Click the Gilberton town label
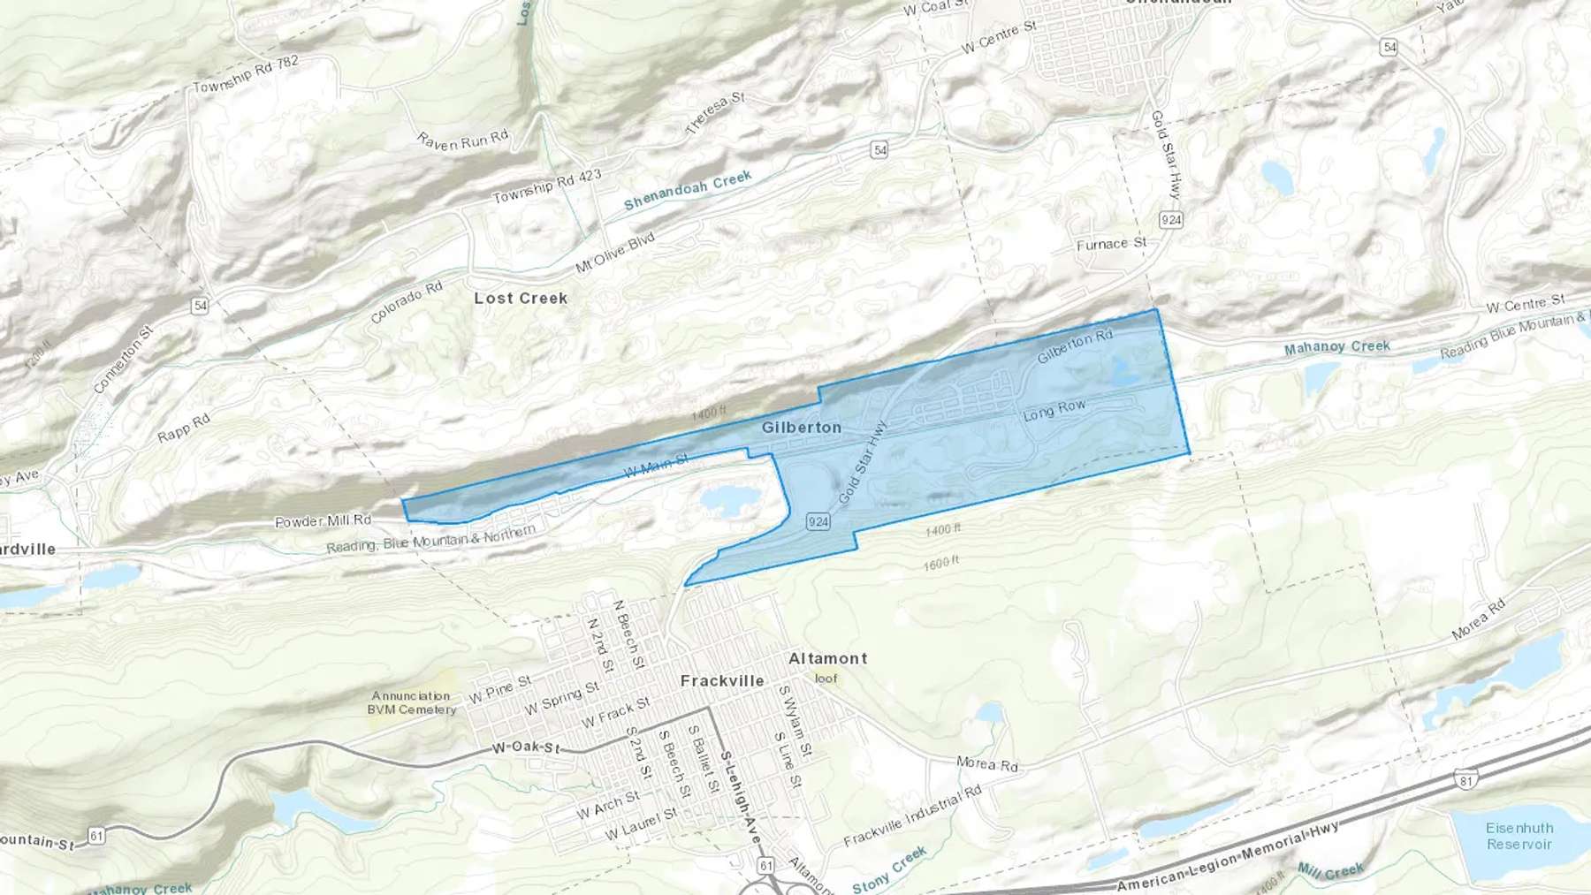click(x=802, y=428)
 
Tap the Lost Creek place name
click(x=521, y=299)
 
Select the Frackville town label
click(x=722, y=681)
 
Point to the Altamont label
click(x=827, y=658)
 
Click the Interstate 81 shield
click(x=1465, y=779)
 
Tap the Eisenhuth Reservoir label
click(x=1519, y=836)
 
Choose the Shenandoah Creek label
click(x=688, y=191)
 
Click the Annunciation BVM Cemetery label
click(x=412, y=702)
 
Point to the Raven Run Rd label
click(x=462, y=140)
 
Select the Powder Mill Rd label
click(x=323, y=521)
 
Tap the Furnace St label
click(x=1111, y=244)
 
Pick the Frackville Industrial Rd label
click(x=912, y=816)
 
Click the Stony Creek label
click(x=889, y=869)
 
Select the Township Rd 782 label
click(x=246, y=74)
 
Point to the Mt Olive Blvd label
click(x=615, y=253)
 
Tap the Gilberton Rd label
click(x=1075, y=347)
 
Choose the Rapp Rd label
click(x=184, y=429)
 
